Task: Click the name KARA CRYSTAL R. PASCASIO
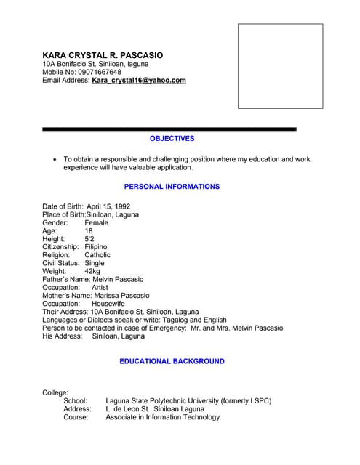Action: pyautogui.click(x=103, y=55)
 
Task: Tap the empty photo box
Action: pyautogui.click(x=280, y=66)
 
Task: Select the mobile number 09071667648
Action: pyautogui.click(x=97, y=72)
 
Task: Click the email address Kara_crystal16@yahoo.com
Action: pyautogui.click(x=139, y=81)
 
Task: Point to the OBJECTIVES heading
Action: pyautogui.click(x=172, y=138)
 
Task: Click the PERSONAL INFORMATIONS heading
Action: pyautogui.click(x=172, y=187)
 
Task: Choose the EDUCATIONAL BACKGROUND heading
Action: pyautogui.click(x=172, y=361)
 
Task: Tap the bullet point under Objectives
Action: pyautogui.click(x=55, y=159)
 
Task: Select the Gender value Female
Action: pyautogui.click(x=97, y=223)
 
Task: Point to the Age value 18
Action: pyautogui.click(x=89, y=231)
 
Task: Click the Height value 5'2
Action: pyautogui.click(x=89, y=239)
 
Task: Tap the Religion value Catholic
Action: pyautogui.click(x=97, y=256)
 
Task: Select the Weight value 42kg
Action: pyautogui.click(x=93, y=272)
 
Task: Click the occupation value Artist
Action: pyautogui.click(x=100, y=288)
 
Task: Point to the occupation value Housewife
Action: pyautogui.click(x=108, y=304)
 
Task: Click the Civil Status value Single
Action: pyautogui.click(x=95, y=264)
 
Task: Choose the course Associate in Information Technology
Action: pyautogui.click(x=162, y=417)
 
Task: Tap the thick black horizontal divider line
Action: pyautogui.click(x=169, y=129)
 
